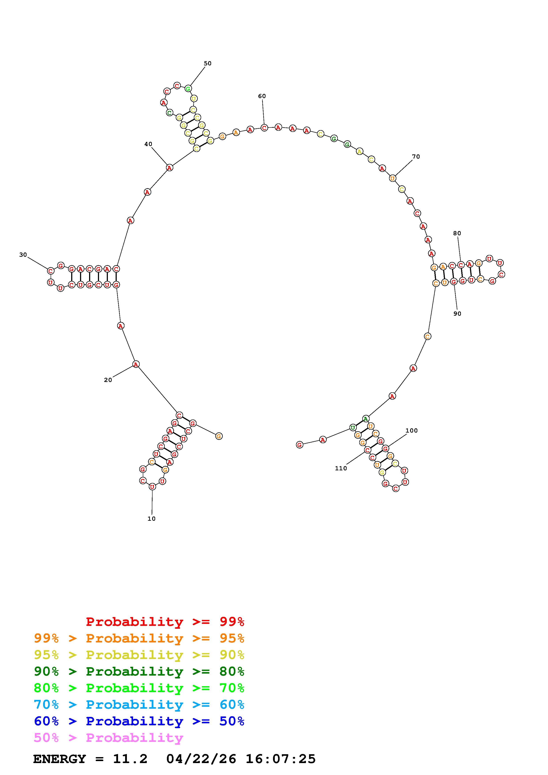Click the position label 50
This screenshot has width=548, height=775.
(207, 63)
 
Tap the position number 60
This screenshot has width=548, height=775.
(262, 96)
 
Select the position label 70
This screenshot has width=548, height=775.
(416, 157)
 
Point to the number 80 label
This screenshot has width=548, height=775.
(457, 233)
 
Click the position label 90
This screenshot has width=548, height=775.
(457, 313)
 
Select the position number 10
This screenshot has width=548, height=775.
(152, 519)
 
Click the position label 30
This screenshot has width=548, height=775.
(23, 255)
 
